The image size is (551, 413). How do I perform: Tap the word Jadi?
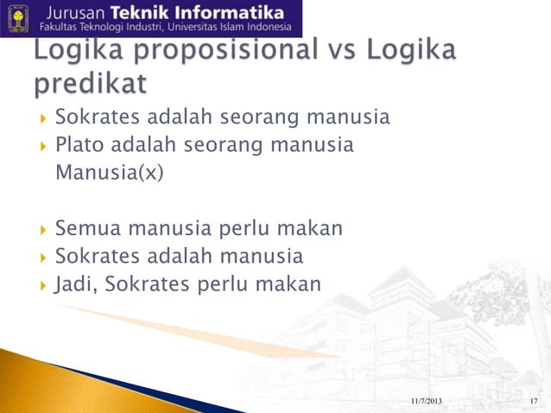(x=76, y=283)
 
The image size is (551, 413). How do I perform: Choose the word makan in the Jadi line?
(x=288, y=283)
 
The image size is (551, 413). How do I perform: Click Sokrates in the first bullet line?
(x=96, y=117)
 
